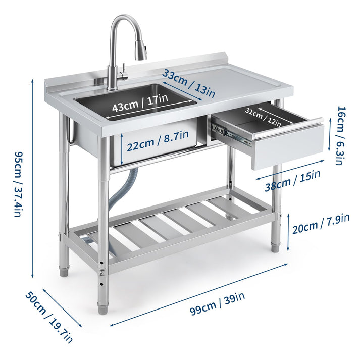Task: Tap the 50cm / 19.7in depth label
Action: tap(49, 317)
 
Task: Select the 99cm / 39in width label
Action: tap(218, 301)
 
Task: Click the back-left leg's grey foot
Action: tap(64, 272)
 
